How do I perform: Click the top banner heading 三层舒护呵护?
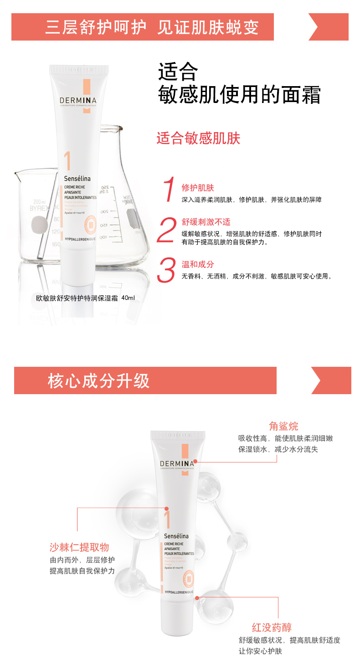(x=96, y=27)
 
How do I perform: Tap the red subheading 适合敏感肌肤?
(x=198, y=138)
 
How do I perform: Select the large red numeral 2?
(x=166, y=230)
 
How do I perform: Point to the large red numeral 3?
(x=166, y=270)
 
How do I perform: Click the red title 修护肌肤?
(x=198, y=188)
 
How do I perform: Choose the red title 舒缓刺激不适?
(x=206, y=222)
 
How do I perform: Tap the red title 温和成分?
(x=198, y=264)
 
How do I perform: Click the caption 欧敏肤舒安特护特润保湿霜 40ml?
(x=86, y=298)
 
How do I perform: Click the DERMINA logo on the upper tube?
(x=78, y=101)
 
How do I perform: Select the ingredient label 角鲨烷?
(x=283, y=426)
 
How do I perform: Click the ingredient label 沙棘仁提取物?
(x=79, y=547)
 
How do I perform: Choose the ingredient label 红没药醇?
(x=272, y=627)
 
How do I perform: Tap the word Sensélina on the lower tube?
(x=176, y=536)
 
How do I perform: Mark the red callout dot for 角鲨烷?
(x=195, y=462)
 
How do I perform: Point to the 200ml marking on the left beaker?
(x=39, y=201)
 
